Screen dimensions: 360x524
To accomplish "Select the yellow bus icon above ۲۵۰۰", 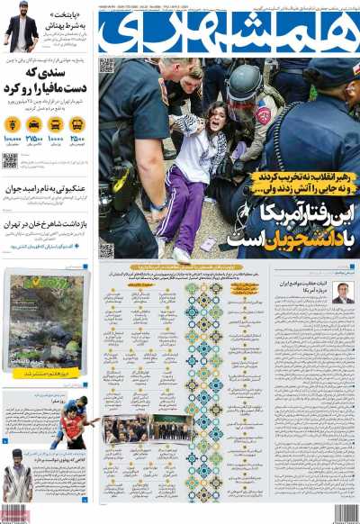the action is click(77, 125).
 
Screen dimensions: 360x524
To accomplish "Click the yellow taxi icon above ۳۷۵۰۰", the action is click(34, 125).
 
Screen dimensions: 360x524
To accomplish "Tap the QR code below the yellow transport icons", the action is click(10, 160).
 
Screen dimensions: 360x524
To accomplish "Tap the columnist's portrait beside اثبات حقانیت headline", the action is click(343, 293).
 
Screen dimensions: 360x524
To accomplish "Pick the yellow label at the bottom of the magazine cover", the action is click(45, 373).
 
